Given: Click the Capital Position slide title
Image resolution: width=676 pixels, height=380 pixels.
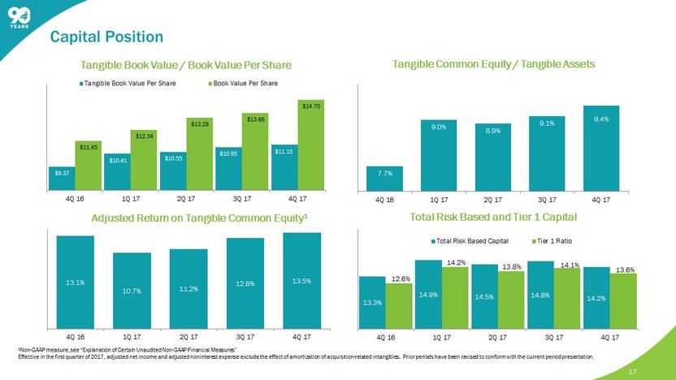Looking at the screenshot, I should [106, 37].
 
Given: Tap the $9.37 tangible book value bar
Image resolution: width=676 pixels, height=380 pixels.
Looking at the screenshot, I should [62, 176].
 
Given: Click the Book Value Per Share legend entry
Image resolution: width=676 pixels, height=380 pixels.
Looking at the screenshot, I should [243, 83].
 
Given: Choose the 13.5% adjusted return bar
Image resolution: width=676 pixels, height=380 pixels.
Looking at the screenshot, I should [302, 279].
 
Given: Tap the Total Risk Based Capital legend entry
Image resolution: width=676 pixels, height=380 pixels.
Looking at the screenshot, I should [470, 242].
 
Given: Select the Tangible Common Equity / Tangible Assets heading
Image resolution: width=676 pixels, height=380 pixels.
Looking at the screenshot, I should [493, 64].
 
